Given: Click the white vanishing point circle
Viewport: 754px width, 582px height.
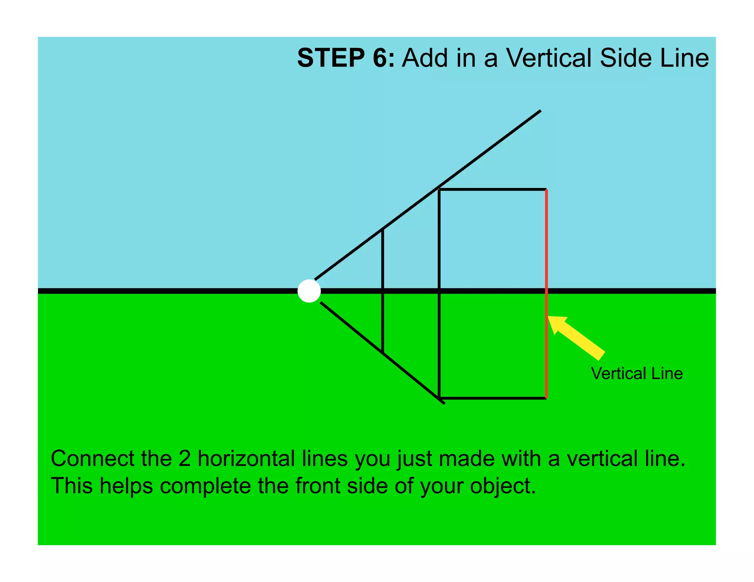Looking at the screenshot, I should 309,291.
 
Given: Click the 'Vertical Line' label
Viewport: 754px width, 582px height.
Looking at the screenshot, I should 637,373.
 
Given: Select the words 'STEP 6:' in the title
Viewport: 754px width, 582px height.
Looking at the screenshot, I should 346,58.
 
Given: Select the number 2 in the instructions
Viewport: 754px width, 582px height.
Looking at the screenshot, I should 184,459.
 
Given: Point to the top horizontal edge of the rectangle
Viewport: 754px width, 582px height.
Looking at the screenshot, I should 493,189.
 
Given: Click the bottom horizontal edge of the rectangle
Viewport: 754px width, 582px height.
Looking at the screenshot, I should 493,398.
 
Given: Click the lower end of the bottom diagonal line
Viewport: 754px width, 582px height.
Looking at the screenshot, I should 444,403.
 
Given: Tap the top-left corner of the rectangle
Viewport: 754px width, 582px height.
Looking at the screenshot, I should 439,189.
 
